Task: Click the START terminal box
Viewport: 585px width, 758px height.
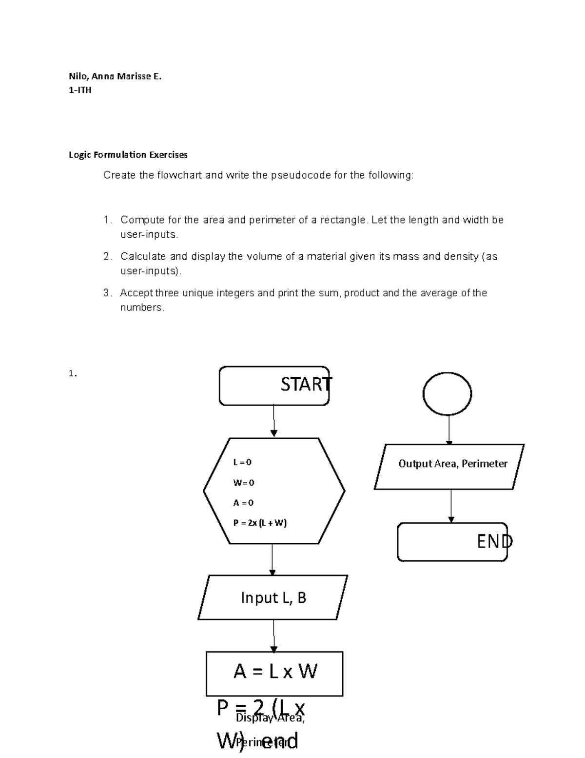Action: pyautogui.click(x=274, y=386)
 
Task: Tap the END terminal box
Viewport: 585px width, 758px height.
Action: pyautogui.click(x=452, y=542)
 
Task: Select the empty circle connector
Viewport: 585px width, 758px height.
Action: pyautogui.click(x=447, y=393)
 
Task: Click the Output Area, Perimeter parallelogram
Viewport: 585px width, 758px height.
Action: pyautogui.click(x=449, y=466)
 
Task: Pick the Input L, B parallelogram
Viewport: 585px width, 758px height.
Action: pyautogui.click(x=273, y=597)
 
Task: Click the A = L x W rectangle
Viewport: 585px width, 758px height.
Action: pyautogui.click(x=274, y=673)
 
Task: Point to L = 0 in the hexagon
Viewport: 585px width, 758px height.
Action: pyautogui.click(x=242, y=462)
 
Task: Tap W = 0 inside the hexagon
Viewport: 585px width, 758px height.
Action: pyautogui.click(x=243, y=483)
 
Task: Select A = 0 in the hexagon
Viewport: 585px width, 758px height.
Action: pyautogui.click(x=243, y=503)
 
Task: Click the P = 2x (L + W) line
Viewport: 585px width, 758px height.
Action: pyautogui.click(x=260, y=523)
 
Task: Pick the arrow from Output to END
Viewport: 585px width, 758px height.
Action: pyautogui.click(x=451, y=506)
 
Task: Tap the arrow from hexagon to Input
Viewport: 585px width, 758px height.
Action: pyautogui.click(x=272, y=559)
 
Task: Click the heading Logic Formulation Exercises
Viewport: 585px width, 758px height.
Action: pyautogui.click(x=128, y=155)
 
